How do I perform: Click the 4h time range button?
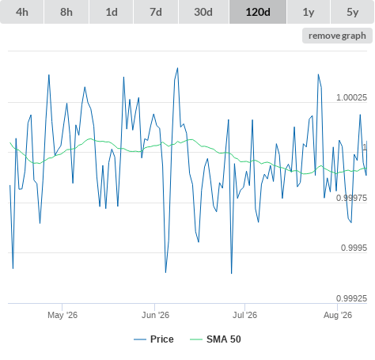[x=22, y=12]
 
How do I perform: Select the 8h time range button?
[x=66, y=12]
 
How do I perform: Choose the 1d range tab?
[x=112, y=12]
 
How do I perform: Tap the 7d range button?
[x=156, y=12]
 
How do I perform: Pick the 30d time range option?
[x=203, y=12]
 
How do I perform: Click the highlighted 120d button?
[x=258, y=12]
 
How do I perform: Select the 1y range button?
[x=309, y=12]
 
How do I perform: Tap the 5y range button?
[x=353, y=12]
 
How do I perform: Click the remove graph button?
[x=337, y=36]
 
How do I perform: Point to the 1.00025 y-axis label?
[x=351, y=97]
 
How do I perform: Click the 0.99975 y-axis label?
[x=351, y=198]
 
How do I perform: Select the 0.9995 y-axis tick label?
[x=354, y=248]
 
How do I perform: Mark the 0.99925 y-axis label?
[x=351, y=298]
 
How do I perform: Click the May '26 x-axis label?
[x=62, y=315]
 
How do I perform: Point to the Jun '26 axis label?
[x=155, y=315]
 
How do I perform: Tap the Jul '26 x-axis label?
[x=244, y=315]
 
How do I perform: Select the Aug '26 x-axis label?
[x=338, y=315]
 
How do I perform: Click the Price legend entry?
[x=153, y=339]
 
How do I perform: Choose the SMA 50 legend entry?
[x=215, y=339]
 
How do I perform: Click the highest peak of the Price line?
[x=177, y=68]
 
